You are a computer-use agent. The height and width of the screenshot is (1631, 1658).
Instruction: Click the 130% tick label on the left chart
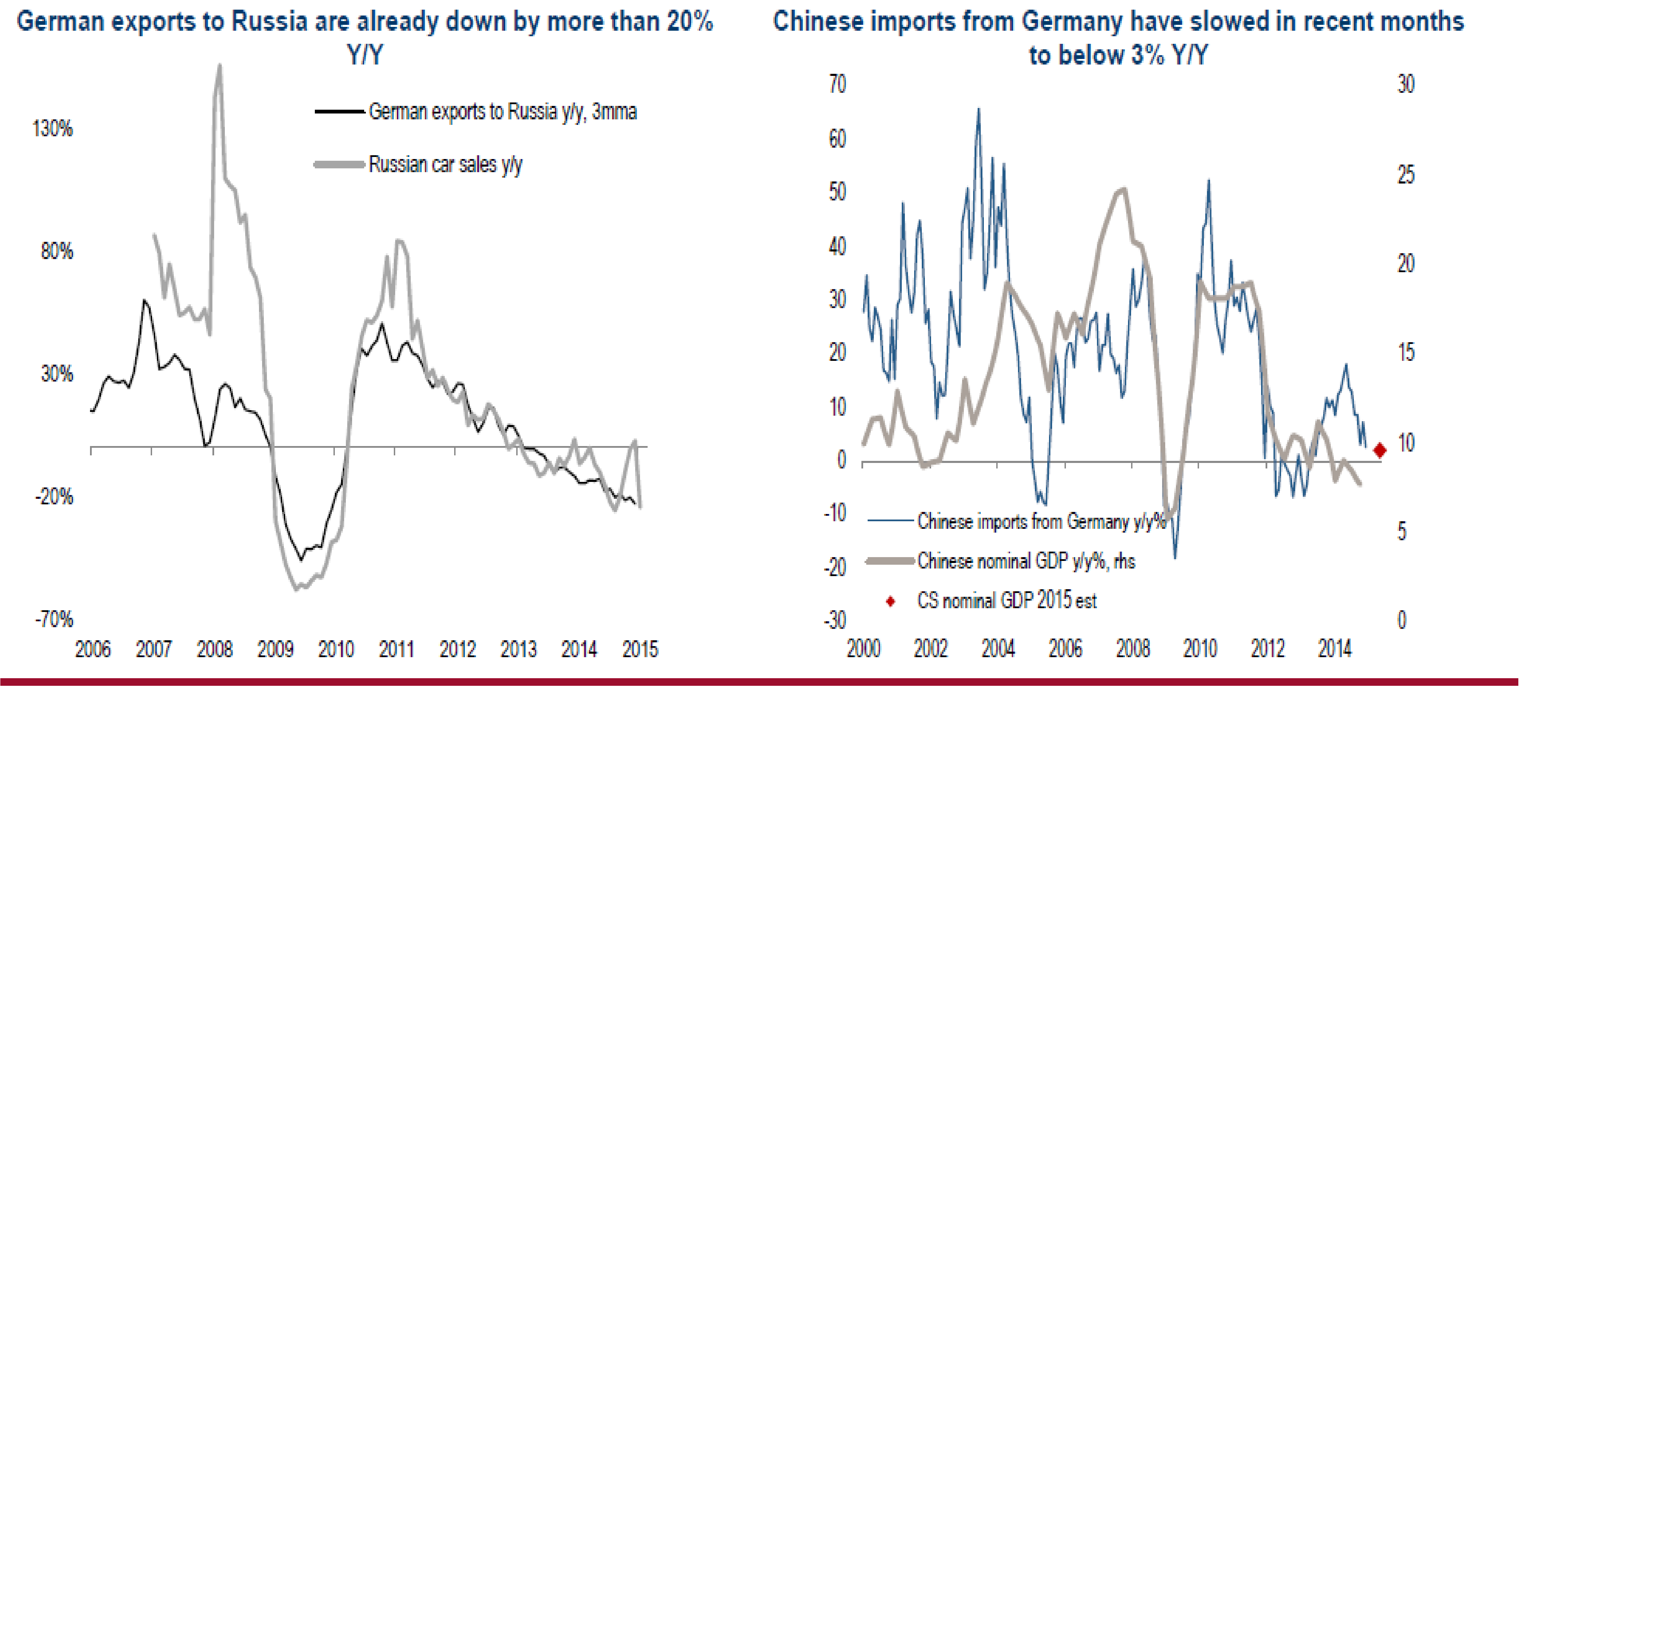[x=52, y=128]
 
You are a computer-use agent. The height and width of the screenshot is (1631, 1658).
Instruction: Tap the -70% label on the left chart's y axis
[x=54, y=619]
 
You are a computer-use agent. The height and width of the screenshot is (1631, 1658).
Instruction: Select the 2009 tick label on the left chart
[x=275, y=649]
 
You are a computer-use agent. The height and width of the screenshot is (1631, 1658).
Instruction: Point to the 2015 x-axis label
[x=640, y=649]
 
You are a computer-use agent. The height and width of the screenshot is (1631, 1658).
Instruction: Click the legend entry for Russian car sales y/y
[x=445, y=165]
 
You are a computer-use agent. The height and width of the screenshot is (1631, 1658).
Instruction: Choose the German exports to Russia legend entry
[x=502, y=111]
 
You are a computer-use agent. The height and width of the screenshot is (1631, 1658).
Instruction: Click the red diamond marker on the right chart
[x=1379, y=451]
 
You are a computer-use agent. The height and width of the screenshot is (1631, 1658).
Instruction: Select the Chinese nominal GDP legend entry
[x=1025, y=561]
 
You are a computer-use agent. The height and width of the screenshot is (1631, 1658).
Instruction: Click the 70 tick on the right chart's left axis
[x=837, y=84]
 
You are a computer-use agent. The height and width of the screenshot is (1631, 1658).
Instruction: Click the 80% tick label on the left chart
[x=57, y=251]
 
